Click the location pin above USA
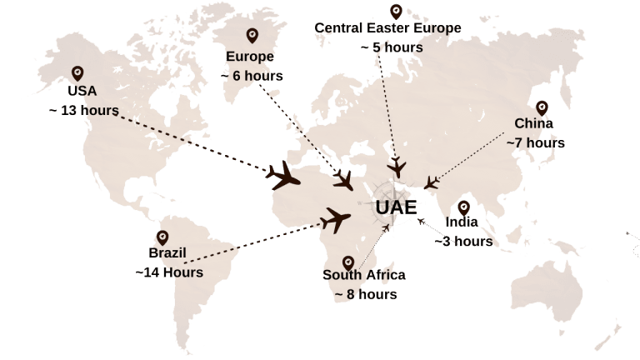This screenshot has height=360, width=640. (77, 73)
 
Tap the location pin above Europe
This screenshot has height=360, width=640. (252, 37)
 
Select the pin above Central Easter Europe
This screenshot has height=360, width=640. (395, 12)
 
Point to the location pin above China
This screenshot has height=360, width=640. (542, 108)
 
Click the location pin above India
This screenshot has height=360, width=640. (464, 207)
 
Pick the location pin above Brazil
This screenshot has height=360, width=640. (162, 238)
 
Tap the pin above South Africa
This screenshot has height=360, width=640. (348, 263)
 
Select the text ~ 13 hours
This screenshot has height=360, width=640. (83, 109)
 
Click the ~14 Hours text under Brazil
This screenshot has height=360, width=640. (169, 272)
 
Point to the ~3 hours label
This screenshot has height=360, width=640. (464, 242)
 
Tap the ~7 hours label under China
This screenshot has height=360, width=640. (536, 142)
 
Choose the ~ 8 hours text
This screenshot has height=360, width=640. (365, 294)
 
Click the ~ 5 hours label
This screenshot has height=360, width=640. (392, 47)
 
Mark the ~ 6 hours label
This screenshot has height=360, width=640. (252, 76)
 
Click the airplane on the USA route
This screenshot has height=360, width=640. (283, 176)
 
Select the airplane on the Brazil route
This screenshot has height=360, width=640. (336, 220)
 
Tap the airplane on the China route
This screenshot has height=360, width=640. (431, 182)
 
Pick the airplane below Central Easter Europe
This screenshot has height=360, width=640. (396, 165)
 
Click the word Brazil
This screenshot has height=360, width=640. (167, 253)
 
